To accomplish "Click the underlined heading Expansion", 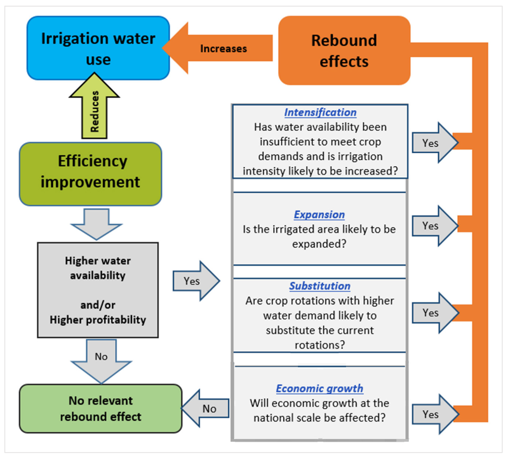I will pyautogui.click(x=319, y=214).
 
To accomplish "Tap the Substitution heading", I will pyautogui.click(x=320, y=286).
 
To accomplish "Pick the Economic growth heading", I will pyautogui.click(x=320, y=388).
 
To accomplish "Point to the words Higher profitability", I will pyautogui.click(x=98, y=320).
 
